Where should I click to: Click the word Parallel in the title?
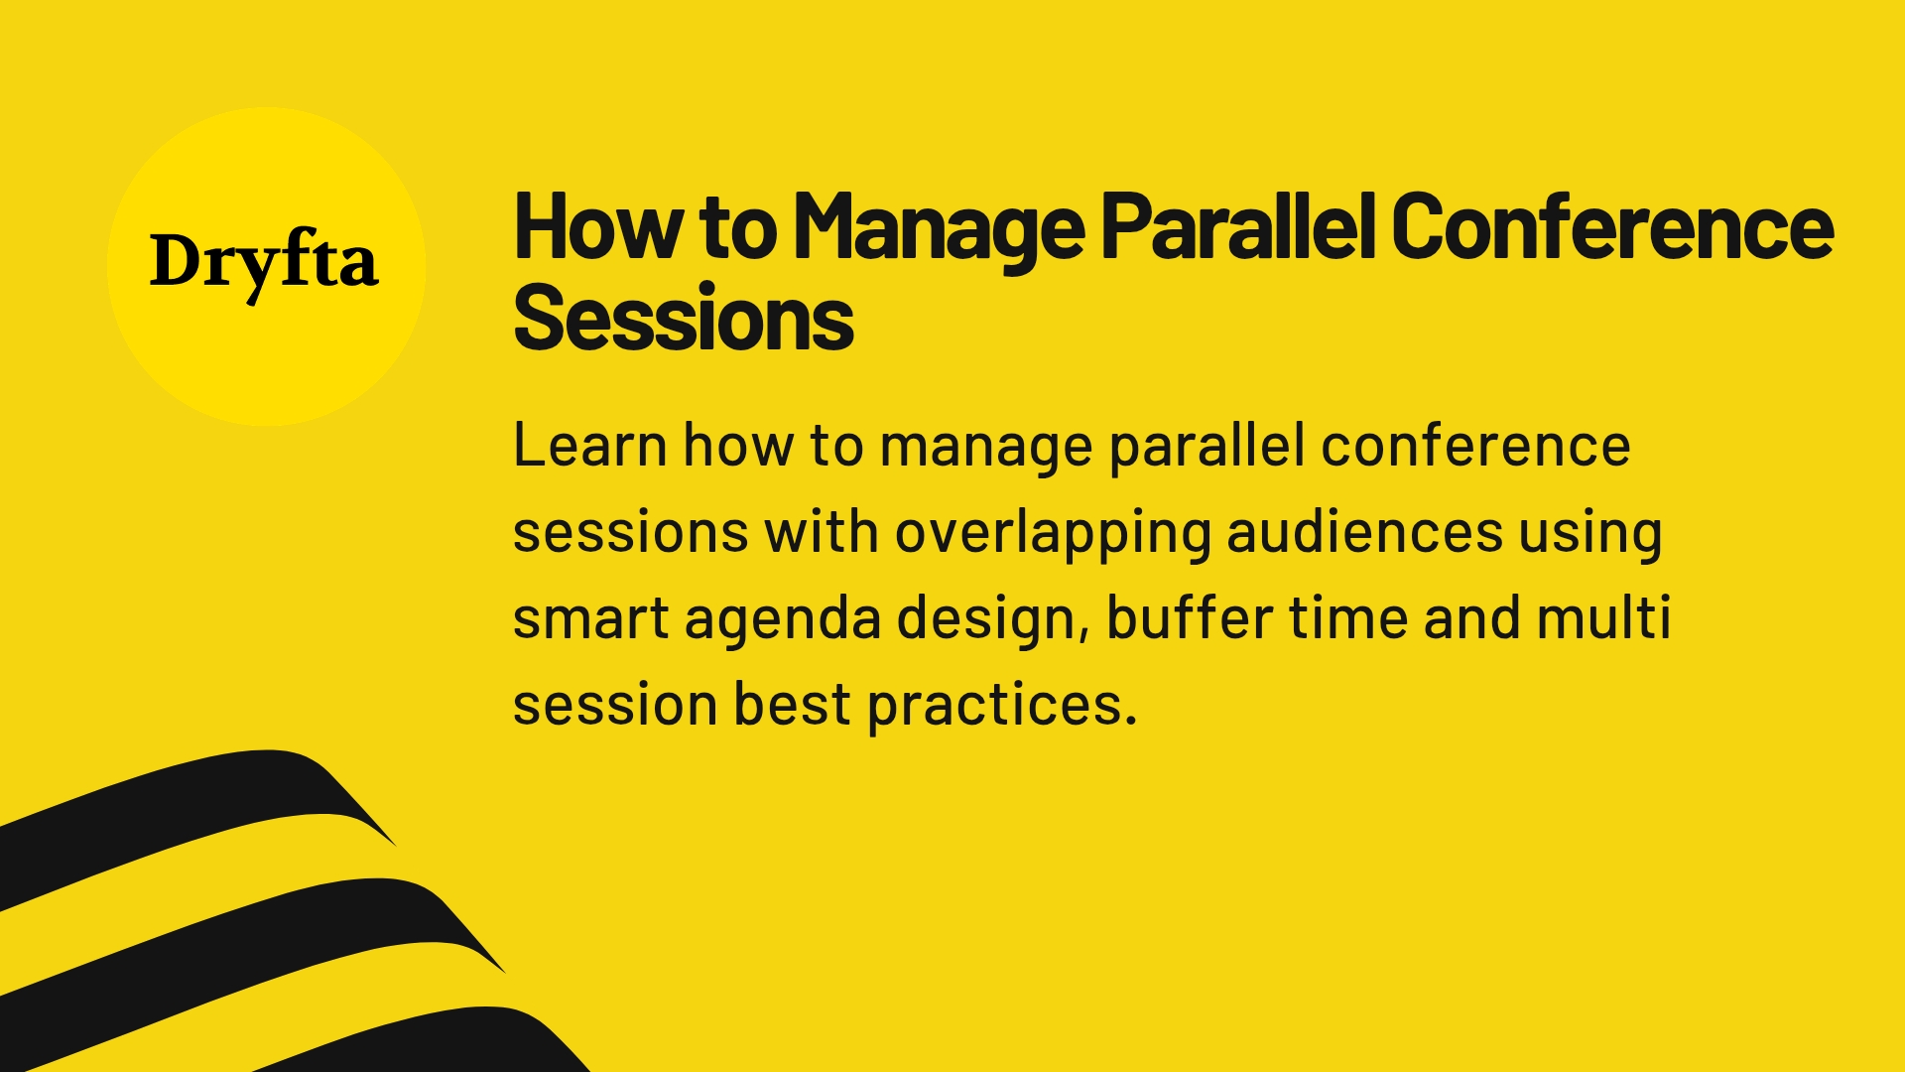click(x=1237, y=228)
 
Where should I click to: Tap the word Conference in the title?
click(x=1611, y=228)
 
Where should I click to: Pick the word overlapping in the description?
click(x=1053, y=533)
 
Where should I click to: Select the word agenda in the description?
click(x=782, y=619)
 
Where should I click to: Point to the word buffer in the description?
click(x=1189, y=617)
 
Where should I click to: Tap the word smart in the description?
click(x=590, y=619)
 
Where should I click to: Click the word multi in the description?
click(x=1603, y=617)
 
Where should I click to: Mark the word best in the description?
click(x=792, y=705)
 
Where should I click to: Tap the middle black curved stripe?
click(x=248, y=943)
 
